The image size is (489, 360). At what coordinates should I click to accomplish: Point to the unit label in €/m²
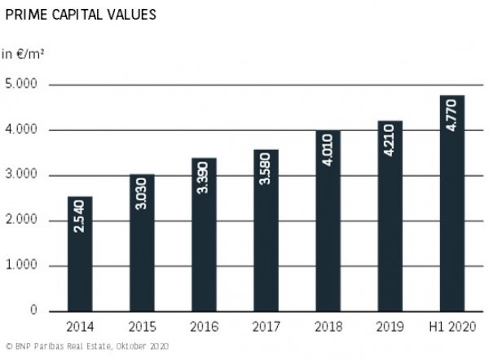click(22, 55)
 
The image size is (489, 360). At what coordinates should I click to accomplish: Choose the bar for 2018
click(328, 221)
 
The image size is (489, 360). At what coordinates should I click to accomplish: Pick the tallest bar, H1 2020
click(452, 204)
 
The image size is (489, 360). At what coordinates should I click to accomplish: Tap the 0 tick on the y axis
click(34, 311)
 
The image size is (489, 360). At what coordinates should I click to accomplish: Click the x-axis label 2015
click(141, 327)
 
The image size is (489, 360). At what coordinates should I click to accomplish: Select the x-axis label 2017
click(266, 327)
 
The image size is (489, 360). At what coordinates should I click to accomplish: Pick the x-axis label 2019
click(390, 327)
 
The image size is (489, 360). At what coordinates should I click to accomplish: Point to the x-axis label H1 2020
click(452, 327)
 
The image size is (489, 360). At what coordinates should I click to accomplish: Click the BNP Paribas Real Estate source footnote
click(85, 347)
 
